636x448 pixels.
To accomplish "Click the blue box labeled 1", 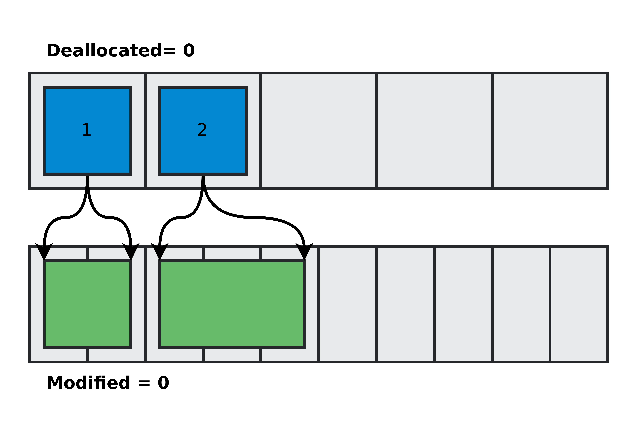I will tap(87, 150).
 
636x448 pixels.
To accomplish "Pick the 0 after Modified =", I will tap(163, 383).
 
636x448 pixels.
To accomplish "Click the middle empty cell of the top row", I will tap(319, 131).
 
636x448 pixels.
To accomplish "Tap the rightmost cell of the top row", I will tap(550, 131).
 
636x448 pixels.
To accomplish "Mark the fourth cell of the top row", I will tap(434, 131).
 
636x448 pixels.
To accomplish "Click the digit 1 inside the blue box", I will tap(87, 130).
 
